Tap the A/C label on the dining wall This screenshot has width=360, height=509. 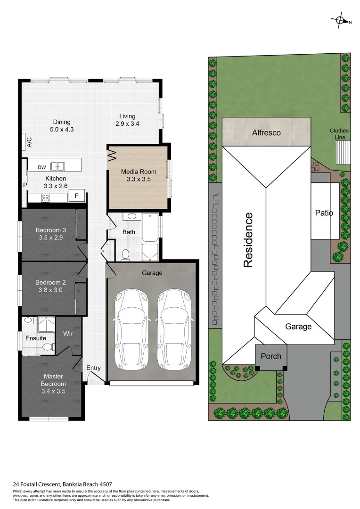click(x=29, y=142)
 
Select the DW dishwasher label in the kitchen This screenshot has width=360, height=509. click(x=41, y=167)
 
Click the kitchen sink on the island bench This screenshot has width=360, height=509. click(x=58, y=166)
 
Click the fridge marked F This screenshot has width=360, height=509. click(x=77, y=196)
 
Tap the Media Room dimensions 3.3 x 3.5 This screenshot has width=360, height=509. click(x=138, y=180)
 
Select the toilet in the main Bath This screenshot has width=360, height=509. click(x=125, y=255)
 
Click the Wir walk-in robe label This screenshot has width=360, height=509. click(x=68, y=333)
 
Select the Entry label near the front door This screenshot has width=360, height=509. click(x=93, y=368)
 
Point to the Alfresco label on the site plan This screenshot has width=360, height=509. click(x=266, y=133)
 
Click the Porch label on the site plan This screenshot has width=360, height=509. click(x=271, y=356)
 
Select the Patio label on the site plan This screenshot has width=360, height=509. click(x=324, y=213)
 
